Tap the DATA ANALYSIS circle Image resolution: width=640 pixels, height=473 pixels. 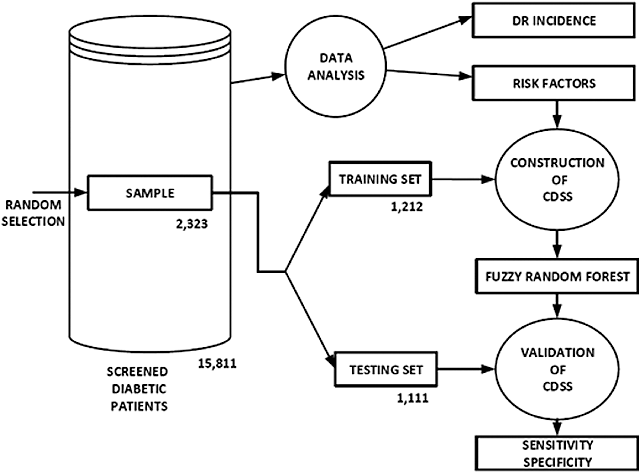click(x=336, y=67)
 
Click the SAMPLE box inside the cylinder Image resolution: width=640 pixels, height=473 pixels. click(x=150, y=193)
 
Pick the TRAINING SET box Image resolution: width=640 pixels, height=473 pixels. click(x=380, y=179)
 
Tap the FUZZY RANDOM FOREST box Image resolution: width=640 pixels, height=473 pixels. click(x=557, y=277)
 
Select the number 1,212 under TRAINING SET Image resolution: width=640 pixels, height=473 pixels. click(x=407, y=206)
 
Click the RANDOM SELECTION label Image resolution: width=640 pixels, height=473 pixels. click(x=33, y=213)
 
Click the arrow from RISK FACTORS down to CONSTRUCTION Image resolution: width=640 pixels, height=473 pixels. click(x=557, y=115)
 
